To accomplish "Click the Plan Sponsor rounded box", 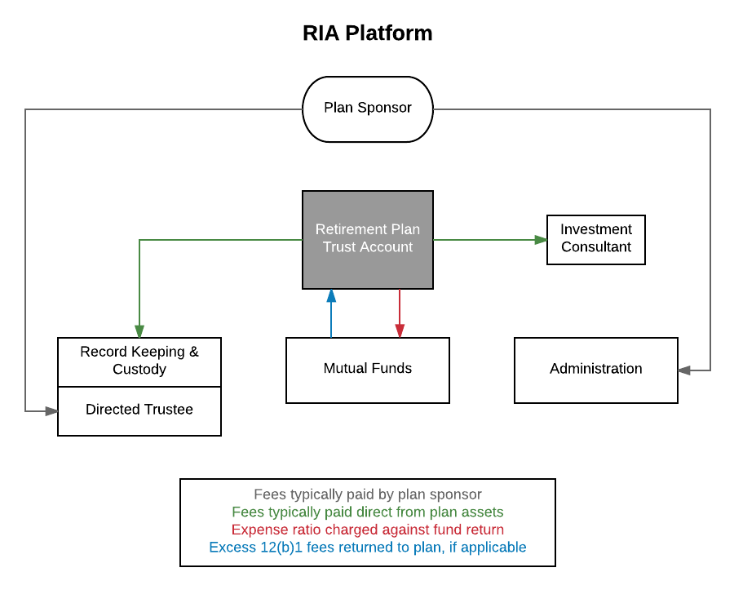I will [367, 109].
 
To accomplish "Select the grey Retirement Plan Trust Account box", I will [367, 239].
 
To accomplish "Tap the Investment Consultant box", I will [595, 239].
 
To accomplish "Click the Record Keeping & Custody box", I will [139, 361].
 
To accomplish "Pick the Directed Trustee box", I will [139, 410].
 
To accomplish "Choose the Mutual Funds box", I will [367, 370].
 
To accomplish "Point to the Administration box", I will [595, 370].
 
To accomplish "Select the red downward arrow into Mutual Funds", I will [400, 313].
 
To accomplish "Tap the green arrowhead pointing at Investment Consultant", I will [541, 240].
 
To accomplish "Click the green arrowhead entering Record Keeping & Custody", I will [139, 331].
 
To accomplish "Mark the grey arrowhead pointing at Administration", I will [684, 370].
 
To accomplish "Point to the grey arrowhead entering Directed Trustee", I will [52, 411].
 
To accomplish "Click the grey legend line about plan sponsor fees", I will [367, 494].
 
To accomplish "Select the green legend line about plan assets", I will [367, 512].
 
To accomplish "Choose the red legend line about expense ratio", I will [367, 530].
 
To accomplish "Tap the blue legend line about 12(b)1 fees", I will [367, 548].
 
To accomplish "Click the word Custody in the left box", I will [139, 370].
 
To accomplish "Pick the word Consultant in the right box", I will [595, 247].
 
